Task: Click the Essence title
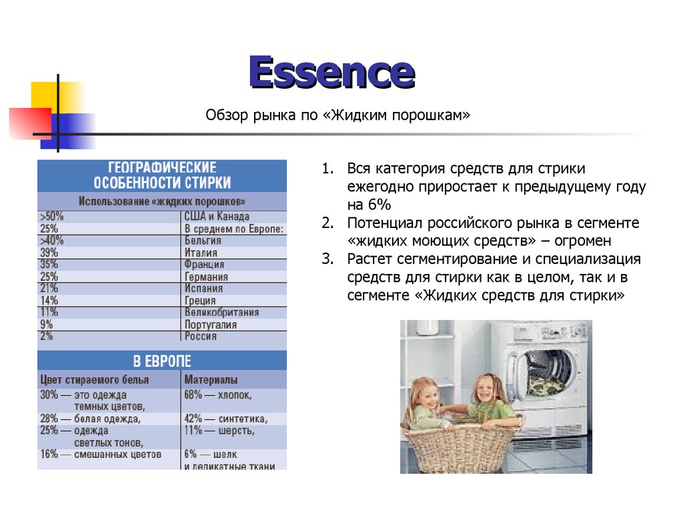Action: [331, 73]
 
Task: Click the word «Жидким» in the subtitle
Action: [358, 116]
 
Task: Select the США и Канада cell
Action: [217, 217]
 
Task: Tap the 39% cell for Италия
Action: [49, 253]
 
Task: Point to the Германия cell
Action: [206, 277]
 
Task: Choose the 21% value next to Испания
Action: [49, 289]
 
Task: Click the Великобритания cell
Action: [221, 313]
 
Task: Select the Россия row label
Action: [201, 337]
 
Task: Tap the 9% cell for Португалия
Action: [47, 325]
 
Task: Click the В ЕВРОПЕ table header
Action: [162, 361]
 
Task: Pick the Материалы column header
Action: [211, 380]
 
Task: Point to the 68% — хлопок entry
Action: [218, 395]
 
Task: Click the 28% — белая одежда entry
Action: [90, 419]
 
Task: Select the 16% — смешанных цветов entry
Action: [101, 455]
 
